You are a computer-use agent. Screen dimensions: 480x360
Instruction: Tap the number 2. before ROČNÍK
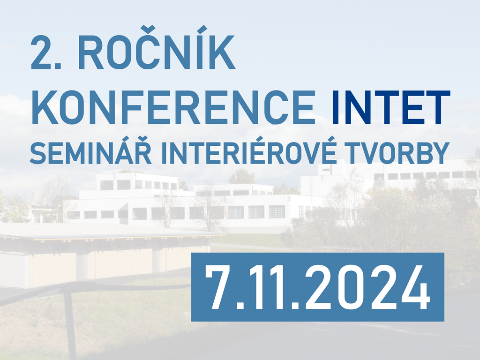[46, 52]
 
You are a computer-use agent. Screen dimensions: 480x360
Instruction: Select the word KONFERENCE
[173, 107]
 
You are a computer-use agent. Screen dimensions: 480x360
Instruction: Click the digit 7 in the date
[217, 287]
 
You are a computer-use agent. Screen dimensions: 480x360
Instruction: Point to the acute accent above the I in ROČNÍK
[202, 30]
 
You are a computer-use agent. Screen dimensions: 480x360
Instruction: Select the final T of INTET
[436, 107]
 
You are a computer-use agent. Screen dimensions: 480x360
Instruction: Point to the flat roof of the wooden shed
[107, 231]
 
